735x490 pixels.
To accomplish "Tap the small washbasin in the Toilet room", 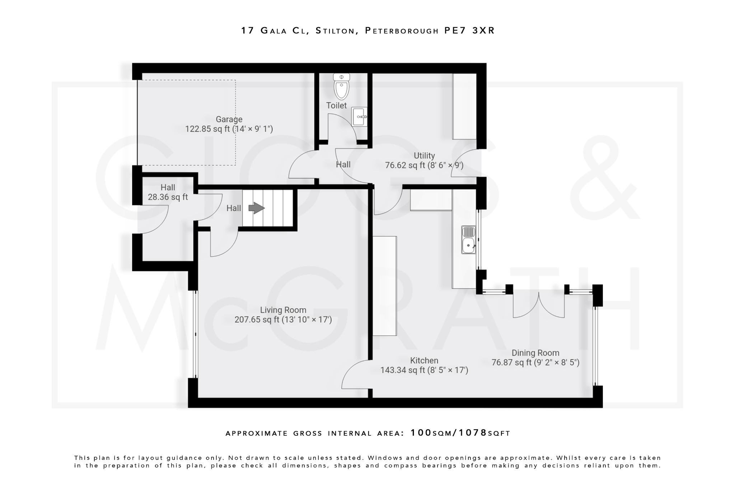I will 360,117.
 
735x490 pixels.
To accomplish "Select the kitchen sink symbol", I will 468,240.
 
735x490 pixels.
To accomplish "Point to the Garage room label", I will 229,119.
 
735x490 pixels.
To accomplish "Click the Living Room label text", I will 283,310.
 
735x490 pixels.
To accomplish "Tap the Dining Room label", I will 535,353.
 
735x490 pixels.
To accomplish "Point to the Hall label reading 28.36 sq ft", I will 168,197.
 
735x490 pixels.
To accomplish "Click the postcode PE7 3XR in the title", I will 469,31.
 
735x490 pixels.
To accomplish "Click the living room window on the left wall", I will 195,334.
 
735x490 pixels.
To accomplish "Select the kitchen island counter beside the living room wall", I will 384,286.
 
